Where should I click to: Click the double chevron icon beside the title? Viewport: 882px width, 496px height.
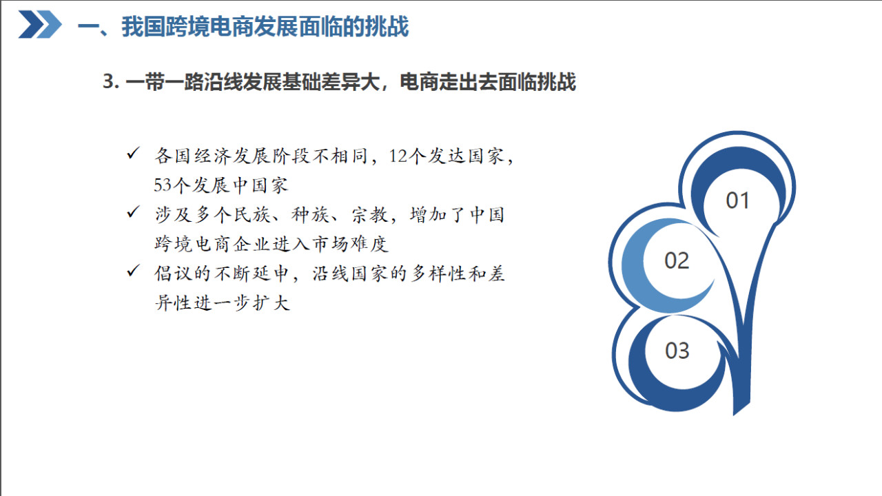40,24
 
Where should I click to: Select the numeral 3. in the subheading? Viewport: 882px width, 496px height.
111,81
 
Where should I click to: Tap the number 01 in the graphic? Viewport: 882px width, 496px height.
737,200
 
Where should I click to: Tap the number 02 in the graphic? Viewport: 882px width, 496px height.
677,260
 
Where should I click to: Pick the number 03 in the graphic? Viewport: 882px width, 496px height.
677,351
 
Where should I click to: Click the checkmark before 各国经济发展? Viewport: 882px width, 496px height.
133,153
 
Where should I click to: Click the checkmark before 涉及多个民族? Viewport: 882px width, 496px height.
133,211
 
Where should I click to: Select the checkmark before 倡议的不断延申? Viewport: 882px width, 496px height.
133,271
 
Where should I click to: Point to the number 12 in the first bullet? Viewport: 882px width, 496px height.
398,156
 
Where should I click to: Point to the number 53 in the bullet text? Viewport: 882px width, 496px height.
163,185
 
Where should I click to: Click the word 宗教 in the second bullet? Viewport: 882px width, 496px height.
370,215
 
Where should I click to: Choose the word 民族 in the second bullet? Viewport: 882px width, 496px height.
252,215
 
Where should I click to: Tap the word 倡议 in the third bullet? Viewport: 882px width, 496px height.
173,273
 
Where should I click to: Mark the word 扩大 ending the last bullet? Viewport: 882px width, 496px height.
271,303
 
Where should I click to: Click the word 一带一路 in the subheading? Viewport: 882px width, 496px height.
164,82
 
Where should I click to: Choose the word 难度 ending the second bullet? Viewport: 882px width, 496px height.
370,244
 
